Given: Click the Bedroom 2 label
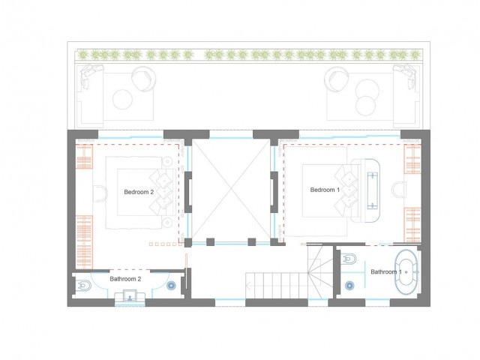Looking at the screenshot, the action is (x=139, y=192).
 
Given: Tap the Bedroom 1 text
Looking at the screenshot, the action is (x=325, y=190).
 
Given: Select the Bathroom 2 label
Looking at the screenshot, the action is (x=125, y=279).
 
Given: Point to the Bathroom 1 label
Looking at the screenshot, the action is (x=386, y=271).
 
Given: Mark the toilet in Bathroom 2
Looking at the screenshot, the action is (x=83, y=286).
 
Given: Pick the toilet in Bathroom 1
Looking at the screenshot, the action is (x=348, y=259).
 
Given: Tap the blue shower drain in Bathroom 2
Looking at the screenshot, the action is (x=171, y=286).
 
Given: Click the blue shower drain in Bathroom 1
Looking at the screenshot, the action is (x=349, y=286).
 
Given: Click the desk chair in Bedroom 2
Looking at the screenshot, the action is (x=100, y=193).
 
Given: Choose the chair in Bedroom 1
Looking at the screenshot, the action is (x=399, y=190).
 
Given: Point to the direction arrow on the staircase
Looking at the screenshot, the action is (x=249, y=286).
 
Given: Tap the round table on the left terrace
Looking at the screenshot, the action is (x=122, y=99).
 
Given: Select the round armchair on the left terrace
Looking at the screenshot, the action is (x=143, y=79).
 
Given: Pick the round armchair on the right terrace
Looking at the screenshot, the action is (x=337, y=79).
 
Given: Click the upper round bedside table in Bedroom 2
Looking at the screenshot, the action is (x=167, y=161).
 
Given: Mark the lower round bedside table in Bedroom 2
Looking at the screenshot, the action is (x=167, y=223).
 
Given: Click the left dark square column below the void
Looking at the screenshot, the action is (x=210, y=241).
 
